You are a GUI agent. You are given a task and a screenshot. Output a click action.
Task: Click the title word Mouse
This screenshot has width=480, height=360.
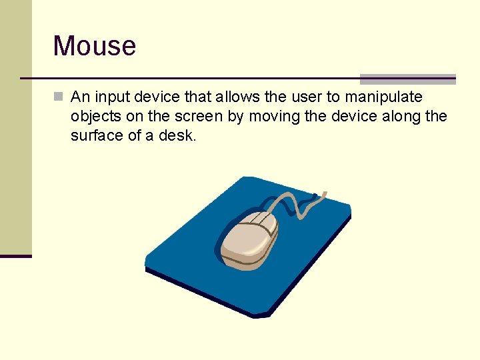[x=94, y=46]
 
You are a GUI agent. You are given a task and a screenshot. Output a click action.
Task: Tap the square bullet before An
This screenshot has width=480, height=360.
[x=58, y=97]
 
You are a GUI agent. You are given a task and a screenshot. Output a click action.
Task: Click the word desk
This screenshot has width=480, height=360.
[x=179, y=135]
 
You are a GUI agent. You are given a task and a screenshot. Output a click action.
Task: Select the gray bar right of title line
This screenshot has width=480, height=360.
[x=407, y=79]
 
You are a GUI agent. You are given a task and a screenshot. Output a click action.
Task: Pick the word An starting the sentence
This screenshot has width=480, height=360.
[x=80, y=97]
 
